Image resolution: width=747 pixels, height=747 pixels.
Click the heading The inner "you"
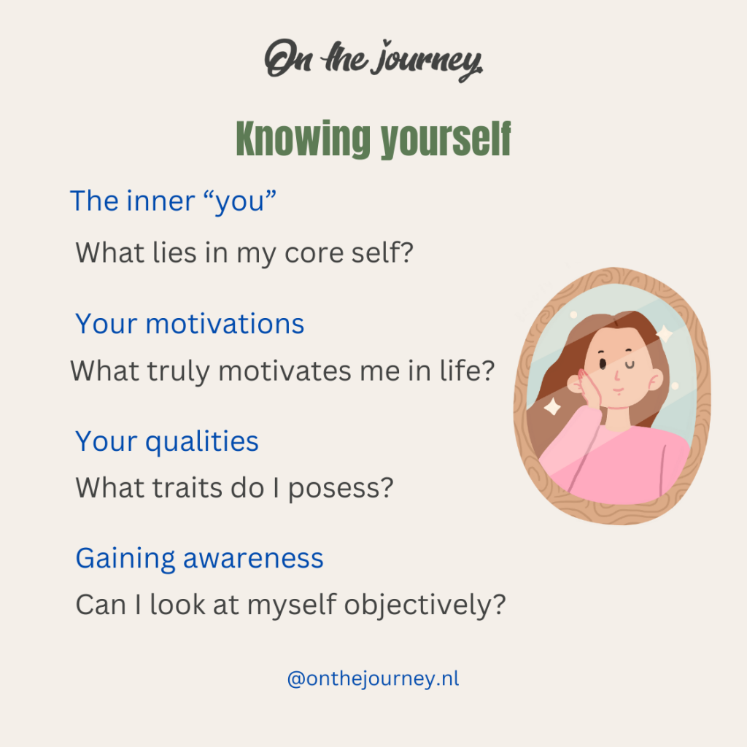point(174,201)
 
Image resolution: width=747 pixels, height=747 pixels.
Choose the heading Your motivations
point(190,323)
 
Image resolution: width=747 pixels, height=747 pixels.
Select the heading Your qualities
point(167,441)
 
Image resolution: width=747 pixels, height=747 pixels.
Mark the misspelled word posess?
point(341,488)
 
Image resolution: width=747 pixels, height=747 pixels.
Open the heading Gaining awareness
point(199,559)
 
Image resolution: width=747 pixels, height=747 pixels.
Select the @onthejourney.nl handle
point(373,679)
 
